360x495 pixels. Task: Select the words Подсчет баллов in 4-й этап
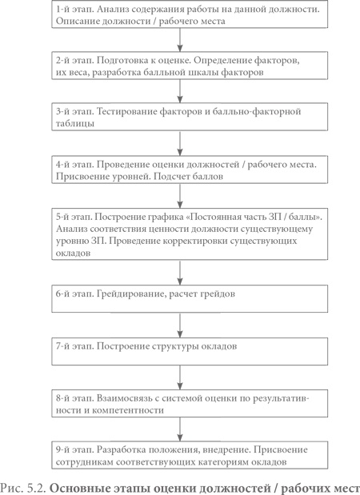coord(190,175)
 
